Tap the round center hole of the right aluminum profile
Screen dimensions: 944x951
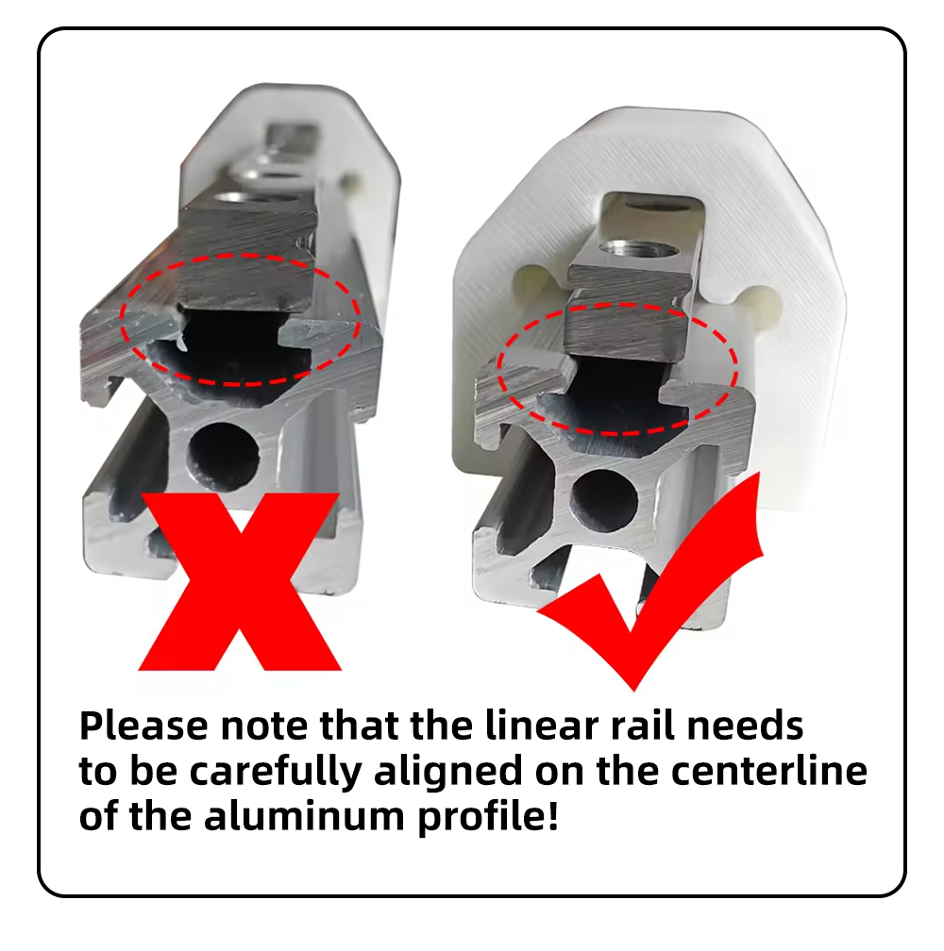coord(604,501)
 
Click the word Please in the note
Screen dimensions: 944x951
coord(143,726)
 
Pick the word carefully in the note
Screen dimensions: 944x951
coord(276,773)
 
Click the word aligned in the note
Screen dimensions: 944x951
coord(448,773)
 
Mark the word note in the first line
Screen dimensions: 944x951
coord(264,726)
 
